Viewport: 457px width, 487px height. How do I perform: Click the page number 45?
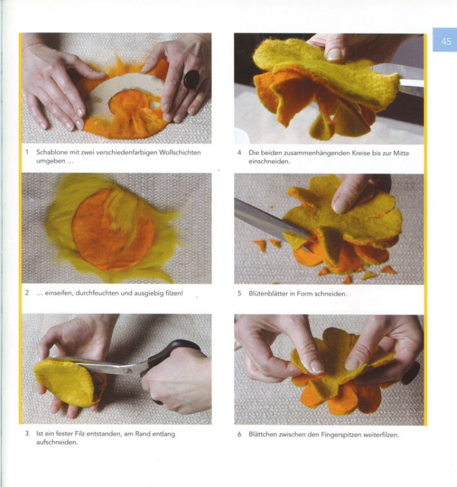[x=446, y=41]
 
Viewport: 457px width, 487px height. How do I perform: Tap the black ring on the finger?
[x=191, y=79]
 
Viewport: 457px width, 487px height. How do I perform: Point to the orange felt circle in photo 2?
[x=113, y=229]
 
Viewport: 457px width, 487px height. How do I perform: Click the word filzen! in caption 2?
[x=174, y=293]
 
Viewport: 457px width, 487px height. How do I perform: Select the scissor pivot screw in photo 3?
[x=127, y=371]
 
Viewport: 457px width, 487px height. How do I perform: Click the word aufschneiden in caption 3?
[x=57, y=443]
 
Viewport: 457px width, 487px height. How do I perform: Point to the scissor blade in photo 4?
[x=397, y=78]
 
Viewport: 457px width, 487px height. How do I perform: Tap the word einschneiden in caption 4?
[x=269, y=161]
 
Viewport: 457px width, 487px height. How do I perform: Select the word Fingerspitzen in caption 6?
[x=341, y=435]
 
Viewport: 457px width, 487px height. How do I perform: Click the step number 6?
[x=239, y=434]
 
